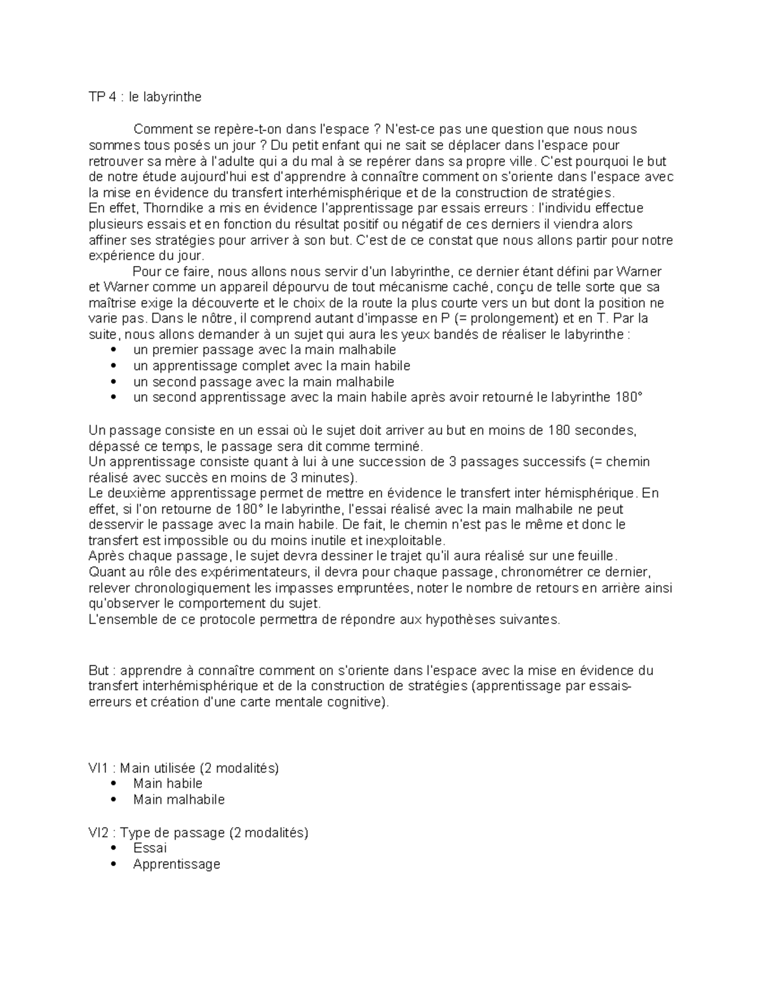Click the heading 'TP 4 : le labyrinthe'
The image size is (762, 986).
145,97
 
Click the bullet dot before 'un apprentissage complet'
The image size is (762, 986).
114,366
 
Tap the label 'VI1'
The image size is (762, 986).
98,768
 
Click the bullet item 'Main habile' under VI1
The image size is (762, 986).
168,783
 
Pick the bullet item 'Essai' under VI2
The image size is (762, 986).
150,848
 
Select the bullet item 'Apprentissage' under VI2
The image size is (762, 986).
177,864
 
